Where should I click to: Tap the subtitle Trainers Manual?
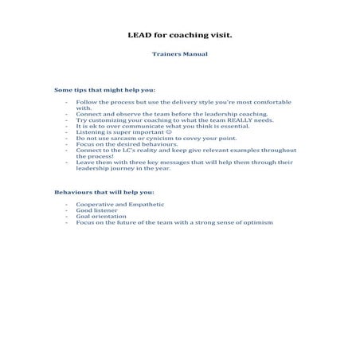point(180,55)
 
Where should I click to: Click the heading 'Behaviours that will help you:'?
point(104,193)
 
